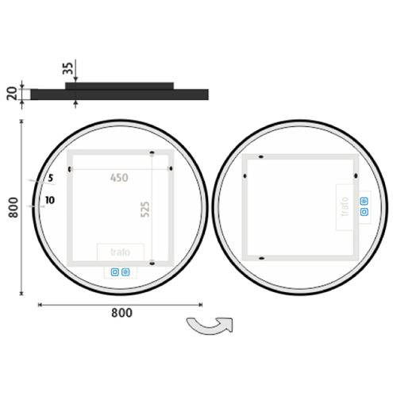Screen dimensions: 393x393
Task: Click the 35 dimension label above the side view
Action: coord(68,68)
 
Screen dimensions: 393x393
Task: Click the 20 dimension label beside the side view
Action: coord(12,93)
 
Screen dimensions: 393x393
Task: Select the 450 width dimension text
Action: coord(119,178)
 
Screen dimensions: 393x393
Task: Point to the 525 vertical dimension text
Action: coord(145,209)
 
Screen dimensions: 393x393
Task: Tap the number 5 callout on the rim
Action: coord(51,178)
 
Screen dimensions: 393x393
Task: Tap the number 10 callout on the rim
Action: coord(50,200)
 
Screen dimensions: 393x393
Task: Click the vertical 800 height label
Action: coord(13,207)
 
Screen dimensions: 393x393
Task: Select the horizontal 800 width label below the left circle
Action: coord(121,313)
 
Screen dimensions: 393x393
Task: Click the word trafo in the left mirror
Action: coord(120,252)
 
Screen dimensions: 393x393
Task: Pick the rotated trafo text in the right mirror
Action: coord(345,206)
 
